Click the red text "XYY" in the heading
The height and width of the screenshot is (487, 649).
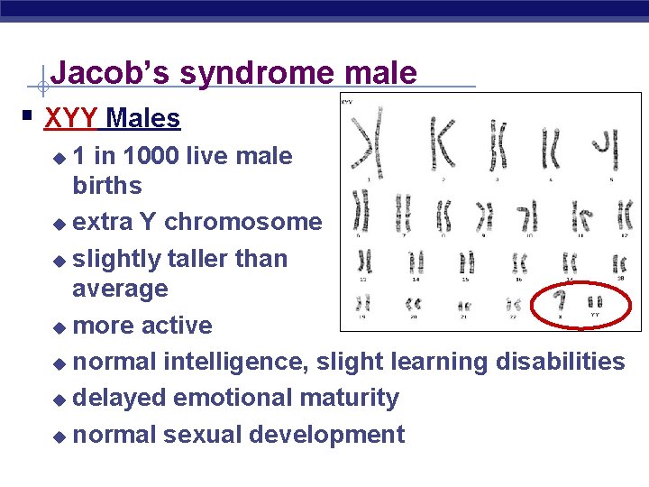(71, 118)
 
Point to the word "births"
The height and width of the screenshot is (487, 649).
(107, 186)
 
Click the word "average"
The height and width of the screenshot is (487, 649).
(120, 289)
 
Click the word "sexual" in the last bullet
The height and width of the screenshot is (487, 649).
(200, 435)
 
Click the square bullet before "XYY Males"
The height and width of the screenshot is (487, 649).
(29, 116)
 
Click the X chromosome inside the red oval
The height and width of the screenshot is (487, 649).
(560, 300)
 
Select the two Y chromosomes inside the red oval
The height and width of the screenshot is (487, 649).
(595, 300)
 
